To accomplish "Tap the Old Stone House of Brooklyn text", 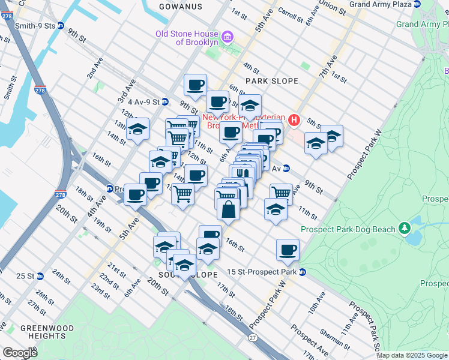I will tap(187, 38).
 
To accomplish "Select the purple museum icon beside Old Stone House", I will tap(227, 38).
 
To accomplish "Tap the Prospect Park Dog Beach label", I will tap(348, 229).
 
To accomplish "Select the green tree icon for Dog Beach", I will tap(405, 229).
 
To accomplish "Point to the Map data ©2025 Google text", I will tap(412, 355).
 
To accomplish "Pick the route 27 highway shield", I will tap(253, 338).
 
